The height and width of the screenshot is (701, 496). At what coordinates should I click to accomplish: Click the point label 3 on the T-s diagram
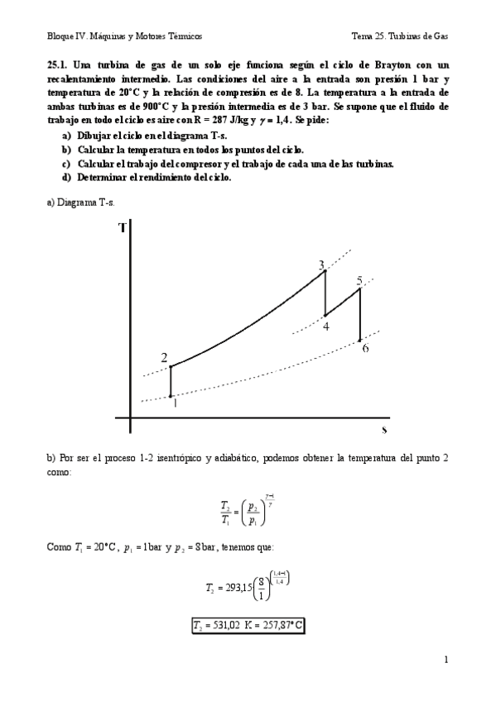[x=321, y=265]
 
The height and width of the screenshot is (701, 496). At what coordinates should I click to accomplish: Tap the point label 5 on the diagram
[x=359, y=280]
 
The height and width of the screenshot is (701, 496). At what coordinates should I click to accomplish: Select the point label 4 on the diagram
[x=326, y=326]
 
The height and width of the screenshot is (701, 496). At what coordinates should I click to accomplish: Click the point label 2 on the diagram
[x=164, y=358]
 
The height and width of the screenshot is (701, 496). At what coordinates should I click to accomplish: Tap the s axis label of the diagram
[x=384, y=430]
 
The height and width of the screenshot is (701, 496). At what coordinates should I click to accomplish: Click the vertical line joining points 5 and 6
[x=359, y=314]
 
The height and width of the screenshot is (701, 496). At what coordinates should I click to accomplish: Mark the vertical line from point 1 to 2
[x=171, y=381]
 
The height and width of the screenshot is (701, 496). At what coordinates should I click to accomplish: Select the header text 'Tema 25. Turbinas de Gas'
[x=399, y=36]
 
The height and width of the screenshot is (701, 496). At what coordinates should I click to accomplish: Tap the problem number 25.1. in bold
[x=60, y=64]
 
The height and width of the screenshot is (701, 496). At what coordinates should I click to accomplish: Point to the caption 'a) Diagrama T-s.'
[x=79, y=203]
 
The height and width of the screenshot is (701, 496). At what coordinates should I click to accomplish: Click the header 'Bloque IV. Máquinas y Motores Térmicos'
[x=125, y=36]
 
